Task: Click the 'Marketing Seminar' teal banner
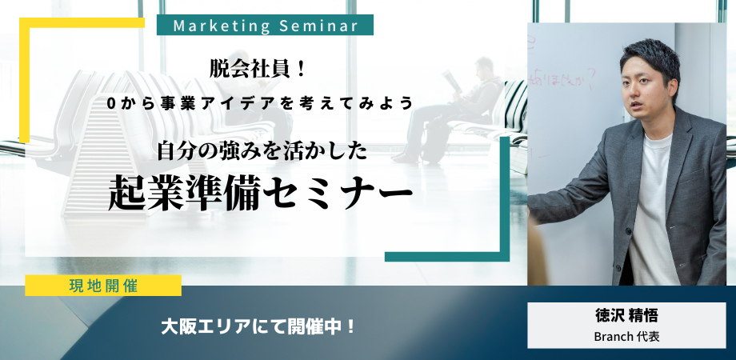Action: pos(264,26)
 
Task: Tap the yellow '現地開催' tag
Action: pos(102,285)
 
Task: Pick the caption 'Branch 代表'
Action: pos(626,337)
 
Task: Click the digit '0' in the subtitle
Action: pos(122,103)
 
